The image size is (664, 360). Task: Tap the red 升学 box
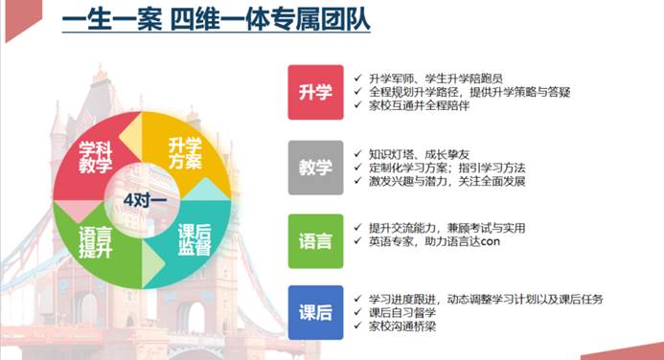click(x=315, y=93)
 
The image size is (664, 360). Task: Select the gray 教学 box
click(x=315, y=168)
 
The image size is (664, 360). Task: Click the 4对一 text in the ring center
click(x=146, y=199)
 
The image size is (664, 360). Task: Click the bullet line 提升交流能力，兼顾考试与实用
click(x=446, y=228)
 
